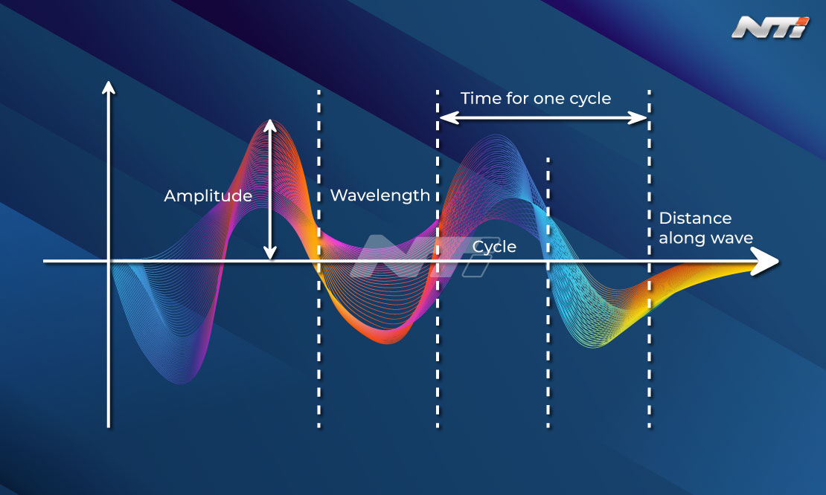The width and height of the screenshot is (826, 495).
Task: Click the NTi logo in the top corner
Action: [x=770, y=27]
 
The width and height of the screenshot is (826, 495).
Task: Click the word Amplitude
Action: [x=208, y=195]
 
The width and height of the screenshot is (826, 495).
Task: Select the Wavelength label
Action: [x=380, y=195]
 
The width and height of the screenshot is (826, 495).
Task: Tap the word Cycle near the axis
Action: [x=494, y=247]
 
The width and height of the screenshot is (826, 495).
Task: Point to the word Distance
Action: [x=695, y=219]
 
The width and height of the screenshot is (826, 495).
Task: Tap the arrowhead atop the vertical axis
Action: [x=109, y=87]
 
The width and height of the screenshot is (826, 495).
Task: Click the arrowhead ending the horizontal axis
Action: [x=766, y=261]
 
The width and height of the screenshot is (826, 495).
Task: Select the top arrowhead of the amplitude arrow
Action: [x=269, y=125]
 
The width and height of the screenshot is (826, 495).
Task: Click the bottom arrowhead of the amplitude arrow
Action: [x=269, y=253]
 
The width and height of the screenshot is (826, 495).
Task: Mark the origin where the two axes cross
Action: [x=109, y=261]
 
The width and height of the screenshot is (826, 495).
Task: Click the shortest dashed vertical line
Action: [x=548, y=293]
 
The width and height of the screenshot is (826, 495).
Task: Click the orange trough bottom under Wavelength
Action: [x=388, y=340]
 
